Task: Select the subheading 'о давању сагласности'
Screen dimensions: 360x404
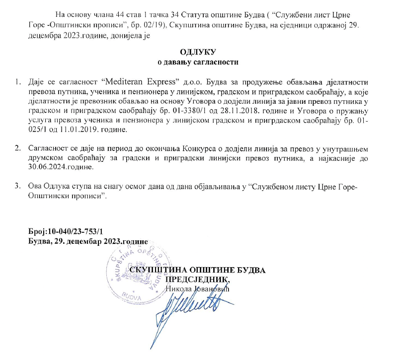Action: tap(202, 63)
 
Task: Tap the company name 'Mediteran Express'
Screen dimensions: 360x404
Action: tap(139, 80)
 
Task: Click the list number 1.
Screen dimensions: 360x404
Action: tap(18, 80)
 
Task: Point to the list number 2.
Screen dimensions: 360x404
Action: tap(18, 148)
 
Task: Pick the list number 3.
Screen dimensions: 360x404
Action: tap(18, 186)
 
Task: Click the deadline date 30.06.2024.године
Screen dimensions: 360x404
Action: tap(62, 167)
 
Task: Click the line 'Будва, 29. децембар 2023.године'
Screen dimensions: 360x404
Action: tap(88, 241)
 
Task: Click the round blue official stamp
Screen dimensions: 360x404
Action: tap(137, 271)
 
